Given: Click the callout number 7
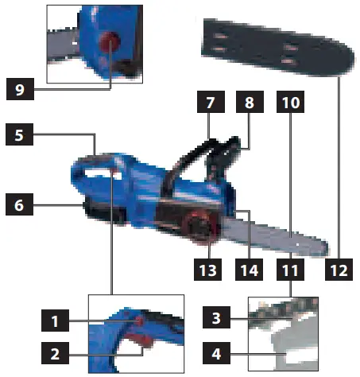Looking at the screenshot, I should (210, 104).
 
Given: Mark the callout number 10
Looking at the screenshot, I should (290, 104).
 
